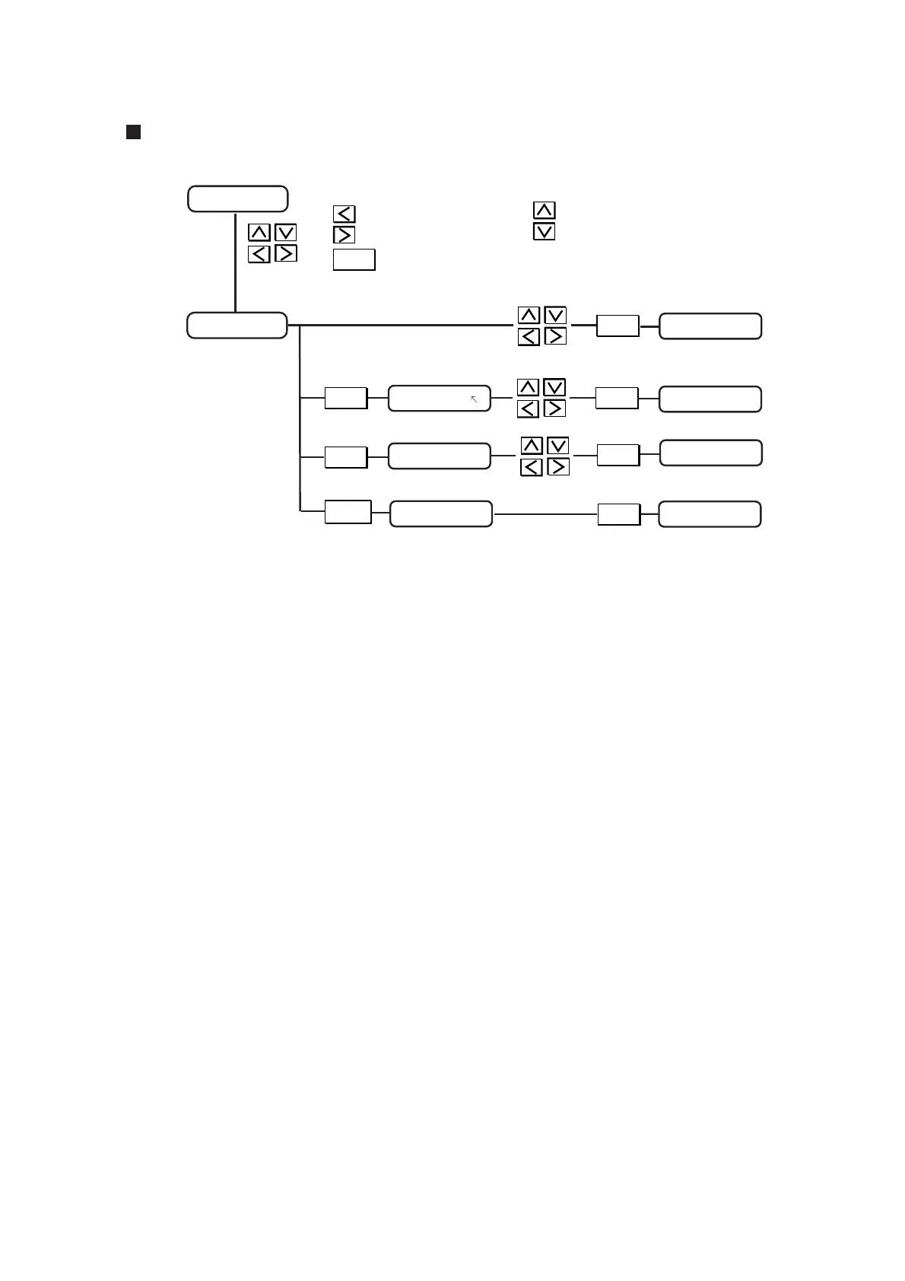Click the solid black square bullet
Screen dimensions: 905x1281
coord(133,132)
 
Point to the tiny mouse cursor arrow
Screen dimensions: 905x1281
coord(474,398)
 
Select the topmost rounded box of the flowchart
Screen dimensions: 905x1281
coord(237,199)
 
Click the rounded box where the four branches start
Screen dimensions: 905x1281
coord(237,326)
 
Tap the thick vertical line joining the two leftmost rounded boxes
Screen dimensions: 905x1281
coord(236,262)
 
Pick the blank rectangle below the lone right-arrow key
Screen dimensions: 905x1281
coord(354,259)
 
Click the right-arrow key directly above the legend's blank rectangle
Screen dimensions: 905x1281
coord(344,234)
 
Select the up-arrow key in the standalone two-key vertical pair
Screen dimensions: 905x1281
coord(545,210)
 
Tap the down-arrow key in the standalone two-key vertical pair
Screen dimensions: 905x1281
coord(545,231)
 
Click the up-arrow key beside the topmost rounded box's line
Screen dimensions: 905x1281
coord(259,232)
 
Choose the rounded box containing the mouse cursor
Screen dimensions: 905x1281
coord(439,399)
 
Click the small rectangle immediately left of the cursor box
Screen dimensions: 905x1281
coord(346,398)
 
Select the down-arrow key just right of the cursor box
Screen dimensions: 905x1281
coord(554,387)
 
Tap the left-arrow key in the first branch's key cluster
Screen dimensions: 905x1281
coord(529,335)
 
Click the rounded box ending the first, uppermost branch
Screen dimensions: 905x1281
coord(710,326)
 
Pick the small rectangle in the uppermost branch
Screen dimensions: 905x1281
coord(618,326)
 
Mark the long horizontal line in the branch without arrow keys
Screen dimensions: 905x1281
coord(545,514)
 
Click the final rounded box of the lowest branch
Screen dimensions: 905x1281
coord(709,514)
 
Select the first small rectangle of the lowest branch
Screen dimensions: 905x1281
coord(348,512)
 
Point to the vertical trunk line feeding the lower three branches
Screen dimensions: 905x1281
coord(301,418)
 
